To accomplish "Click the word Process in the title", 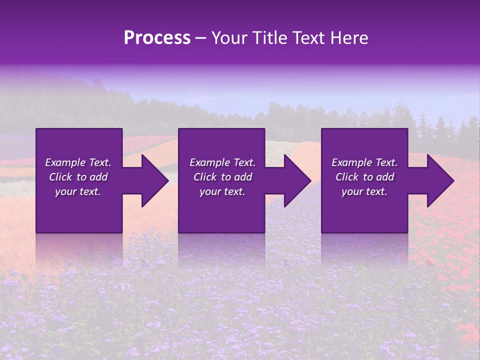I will click(x=157, y=38).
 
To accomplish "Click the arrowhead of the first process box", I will click(x=153, y=180).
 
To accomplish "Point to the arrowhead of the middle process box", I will click(x=295, y=180).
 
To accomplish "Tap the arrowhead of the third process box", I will click(x=438, y=180).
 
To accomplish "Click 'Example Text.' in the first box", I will click(x=78, y=162).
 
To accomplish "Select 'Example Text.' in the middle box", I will click(x=222, y=162).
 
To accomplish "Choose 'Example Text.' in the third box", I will click(x=364, y=162).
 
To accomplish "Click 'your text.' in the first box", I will click(x=78, y=191).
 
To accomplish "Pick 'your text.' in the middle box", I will click(x=222, y=191).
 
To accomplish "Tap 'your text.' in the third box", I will click(x=364, y=191).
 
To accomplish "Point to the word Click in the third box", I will click(x=347, y=177).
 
